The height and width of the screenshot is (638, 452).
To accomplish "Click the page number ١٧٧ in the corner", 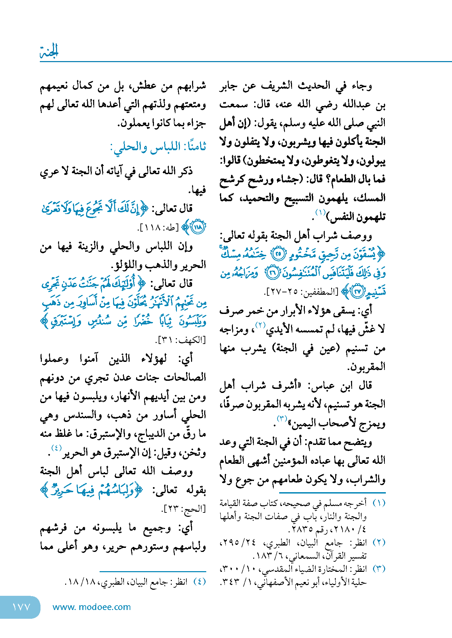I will (x=21, y=607).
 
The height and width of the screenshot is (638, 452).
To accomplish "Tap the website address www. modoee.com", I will (x=91, y=607).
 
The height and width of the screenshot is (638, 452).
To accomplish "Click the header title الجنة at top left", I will (x=49, y=51).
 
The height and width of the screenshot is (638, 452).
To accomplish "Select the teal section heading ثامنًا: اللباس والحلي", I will (x=158, y=147).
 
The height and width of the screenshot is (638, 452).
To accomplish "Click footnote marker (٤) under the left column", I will (x=199, y=582).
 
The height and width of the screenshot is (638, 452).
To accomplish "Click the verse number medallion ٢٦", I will (x=272, y=273).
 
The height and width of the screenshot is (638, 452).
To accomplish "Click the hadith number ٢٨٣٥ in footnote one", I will (x=302, y=530).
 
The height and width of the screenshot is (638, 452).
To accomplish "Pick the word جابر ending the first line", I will (x=230, y=86).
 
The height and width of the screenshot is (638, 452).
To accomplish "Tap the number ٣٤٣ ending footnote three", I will (x=229, y=582).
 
